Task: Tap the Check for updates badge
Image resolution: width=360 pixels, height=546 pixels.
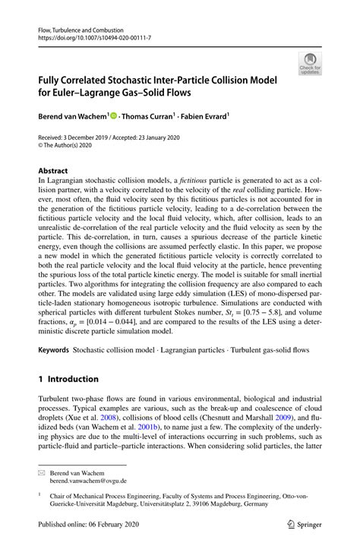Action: (309, 65)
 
